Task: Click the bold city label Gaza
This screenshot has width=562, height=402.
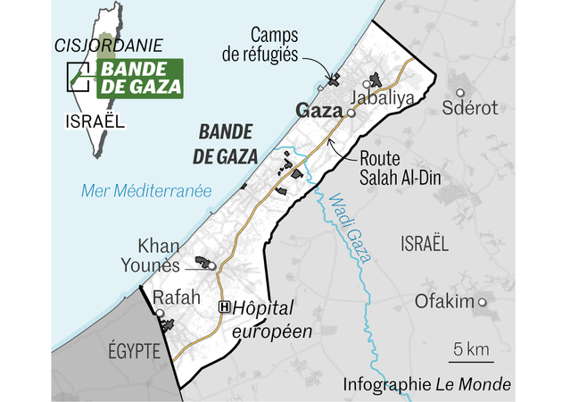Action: pyautogui.click(x=319, y=113)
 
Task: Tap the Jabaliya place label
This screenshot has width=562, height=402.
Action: pyautogui.click(x=383, y=98)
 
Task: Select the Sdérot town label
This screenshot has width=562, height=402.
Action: pyautogui.click(x=471, y=108)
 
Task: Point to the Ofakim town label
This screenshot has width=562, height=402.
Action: pyautogui.click(x=443, y=302)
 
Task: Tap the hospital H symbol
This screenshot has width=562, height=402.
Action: pyautogui.click(x=225, y=306)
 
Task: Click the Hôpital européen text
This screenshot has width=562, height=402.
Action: pyautogui.click(x=271, y=319)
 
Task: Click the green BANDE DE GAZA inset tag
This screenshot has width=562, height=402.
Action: pyautogui.click(x=138, y=78)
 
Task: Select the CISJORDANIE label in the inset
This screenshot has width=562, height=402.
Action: pyautogui.click(x=95, y=44)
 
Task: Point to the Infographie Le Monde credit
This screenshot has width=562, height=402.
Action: pyautogui.click(x=426, y=385)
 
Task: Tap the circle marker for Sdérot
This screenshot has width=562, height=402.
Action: pyautogui.click(x=460, y=92)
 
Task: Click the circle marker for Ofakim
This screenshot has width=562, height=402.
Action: pyautogui.click(x=483, y=303)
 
